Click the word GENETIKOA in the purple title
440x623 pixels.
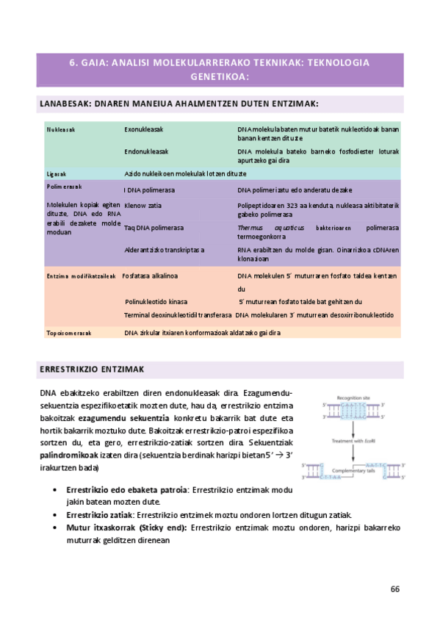pyautogui.click(x=220, y=76)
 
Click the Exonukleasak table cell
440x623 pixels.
pyautogui.click(x=144, y=129)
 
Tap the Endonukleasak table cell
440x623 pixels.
pyautogui.click(x=147, y=151)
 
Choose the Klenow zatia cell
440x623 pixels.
pyautogui.click(x=143, y=205)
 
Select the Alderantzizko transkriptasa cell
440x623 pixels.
pyautogui.click(x=165, y=251)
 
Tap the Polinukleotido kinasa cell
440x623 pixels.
pyautogui.click(x=156, y=301)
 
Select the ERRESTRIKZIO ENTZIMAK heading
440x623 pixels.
pyautogui.click(x=92, y=368)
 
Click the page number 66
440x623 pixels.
pyautogui.click(x=395, y=589)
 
